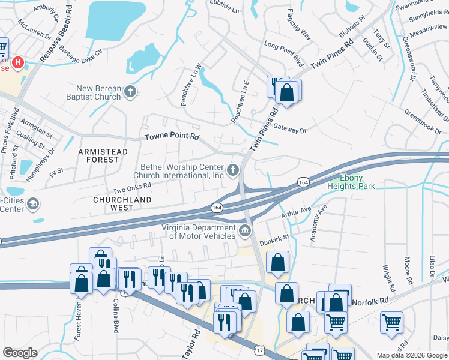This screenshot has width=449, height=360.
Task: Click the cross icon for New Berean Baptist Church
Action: (131, 92)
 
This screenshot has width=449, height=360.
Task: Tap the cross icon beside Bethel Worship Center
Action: (234, 172)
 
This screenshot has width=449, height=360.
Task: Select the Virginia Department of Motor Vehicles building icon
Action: (244, 231)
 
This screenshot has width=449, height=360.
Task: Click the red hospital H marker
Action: (18, 62)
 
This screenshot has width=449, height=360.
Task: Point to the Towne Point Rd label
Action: (172, 137)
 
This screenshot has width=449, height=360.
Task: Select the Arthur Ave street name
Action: (297, 212)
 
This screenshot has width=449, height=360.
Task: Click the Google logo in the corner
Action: (20, 352)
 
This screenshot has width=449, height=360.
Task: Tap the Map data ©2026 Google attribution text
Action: (411, 355)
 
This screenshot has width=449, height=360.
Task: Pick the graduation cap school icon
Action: (32, 204)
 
